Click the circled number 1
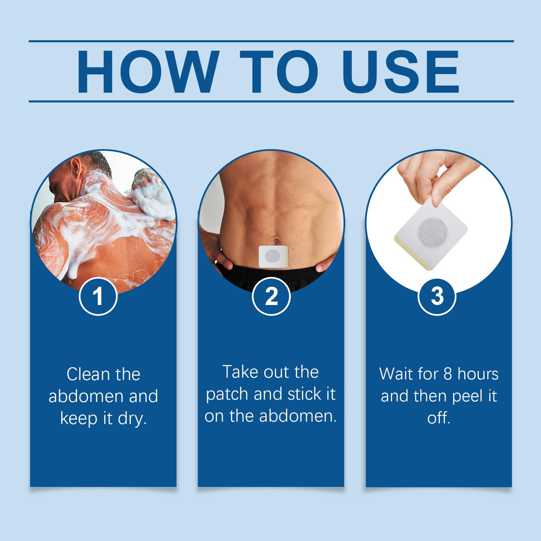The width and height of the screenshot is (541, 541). pyautogui.click(x=98, y=296)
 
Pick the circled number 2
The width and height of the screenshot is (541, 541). pyautogui.click(x=272, y=296)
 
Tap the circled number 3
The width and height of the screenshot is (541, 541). pyautogui.click(x=438, y=296)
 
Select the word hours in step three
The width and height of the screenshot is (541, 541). pyautogui.click(x=478, y=374)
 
